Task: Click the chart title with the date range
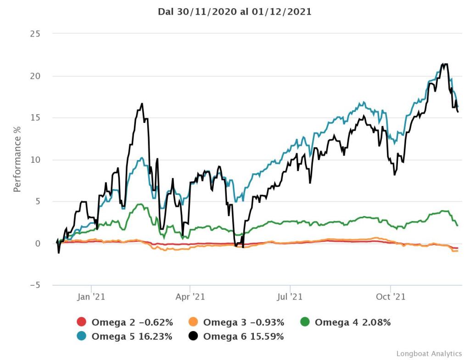[235, 12]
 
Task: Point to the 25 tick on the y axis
[35, 34]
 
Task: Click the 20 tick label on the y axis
[35, 76]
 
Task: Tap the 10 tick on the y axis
[35, 160]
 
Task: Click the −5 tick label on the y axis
[33, 285]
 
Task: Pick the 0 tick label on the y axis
[38, 244]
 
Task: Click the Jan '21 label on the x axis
[91, 297]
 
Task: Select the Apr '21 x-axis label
[190, 297]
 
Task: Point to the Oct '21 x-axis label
[390, 297]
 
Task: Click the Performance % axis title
[17, 159]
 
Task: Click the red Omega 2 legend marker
[81, 322]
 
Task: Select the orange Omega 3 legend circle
[193, 322]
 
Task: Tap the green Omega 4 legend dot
[304, 322]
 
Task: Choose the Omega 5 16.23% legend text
[132, 336]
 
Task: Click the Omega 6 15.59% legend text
[243, 336]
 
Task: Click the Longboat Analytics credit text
[429, 354]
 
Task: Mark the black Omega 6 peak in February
[142, 104]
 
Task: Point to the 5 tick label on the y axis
[38, 201]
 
